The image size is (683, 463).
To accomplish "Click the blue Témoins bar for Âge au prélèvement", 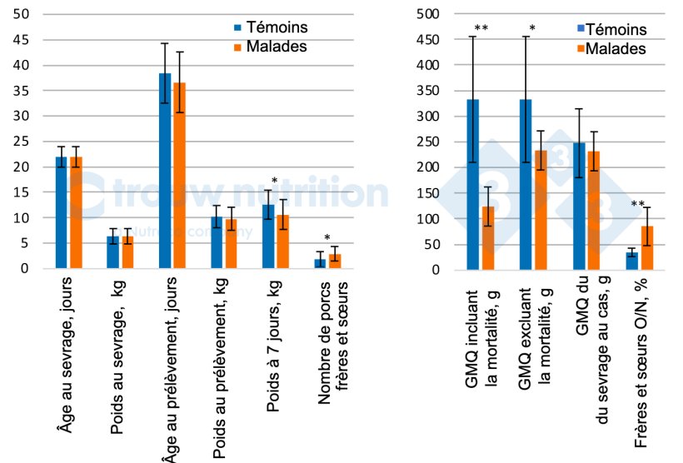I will (x=165, y=171).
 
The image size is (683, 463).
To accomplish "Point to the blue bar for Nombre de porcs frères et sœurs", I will (x=319, y=263).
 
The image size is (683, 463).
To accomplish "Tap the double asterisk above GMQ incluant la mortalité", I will (x=481, y=29).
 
